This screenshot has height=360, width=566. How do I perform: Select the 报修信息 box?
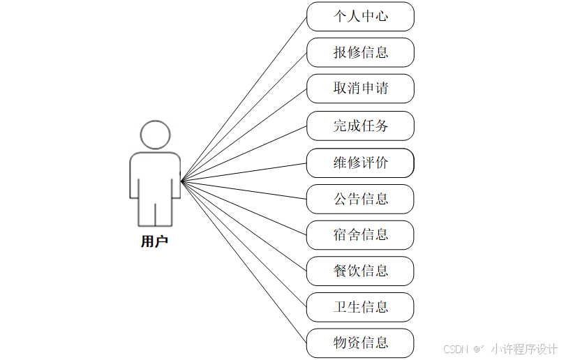[x=360, y=52]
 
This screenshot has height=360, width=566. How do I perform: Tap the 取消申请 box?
[x=360, y=89]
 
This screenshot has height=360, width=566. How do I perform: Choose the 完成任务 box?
[x=360, y=126]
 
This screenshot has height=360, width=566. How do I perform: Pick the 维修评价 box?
[x=360, y=163]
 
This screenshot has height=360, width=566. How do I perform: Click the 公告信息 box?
[x=360, y=199]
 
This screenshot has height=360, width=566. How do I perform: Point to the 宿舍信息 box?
[x=360, y=234]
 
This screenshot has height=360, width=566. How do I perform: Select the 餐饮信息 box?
[x=360, y=271]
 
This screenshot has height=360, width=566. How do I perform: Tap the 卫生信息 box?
[x=360, y=307]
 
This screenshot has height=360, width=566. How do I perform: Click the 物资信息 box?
[x=360, y=343]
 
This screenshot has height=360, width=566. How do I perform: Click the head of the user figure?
[x=155, y=135]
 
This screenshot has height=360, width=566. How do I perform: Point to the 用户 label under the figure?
[x=154, y=242]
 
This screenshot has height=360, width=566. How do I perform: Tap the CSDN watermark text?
[x=454, y=349]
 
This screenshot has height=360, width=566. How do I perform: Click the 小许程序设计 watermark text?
[x=524, y=349]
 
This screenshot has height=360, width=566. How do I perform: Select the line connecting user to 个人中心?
[x=244, y=98]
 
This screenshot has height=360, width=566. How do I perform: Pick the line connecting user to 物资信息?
[x=244, y=262]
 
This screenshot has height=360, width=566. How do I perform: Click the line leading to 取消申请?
[x=244, y=135]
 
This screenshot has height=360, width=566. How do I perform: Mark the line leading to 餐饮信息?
[x=244, y=226]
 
